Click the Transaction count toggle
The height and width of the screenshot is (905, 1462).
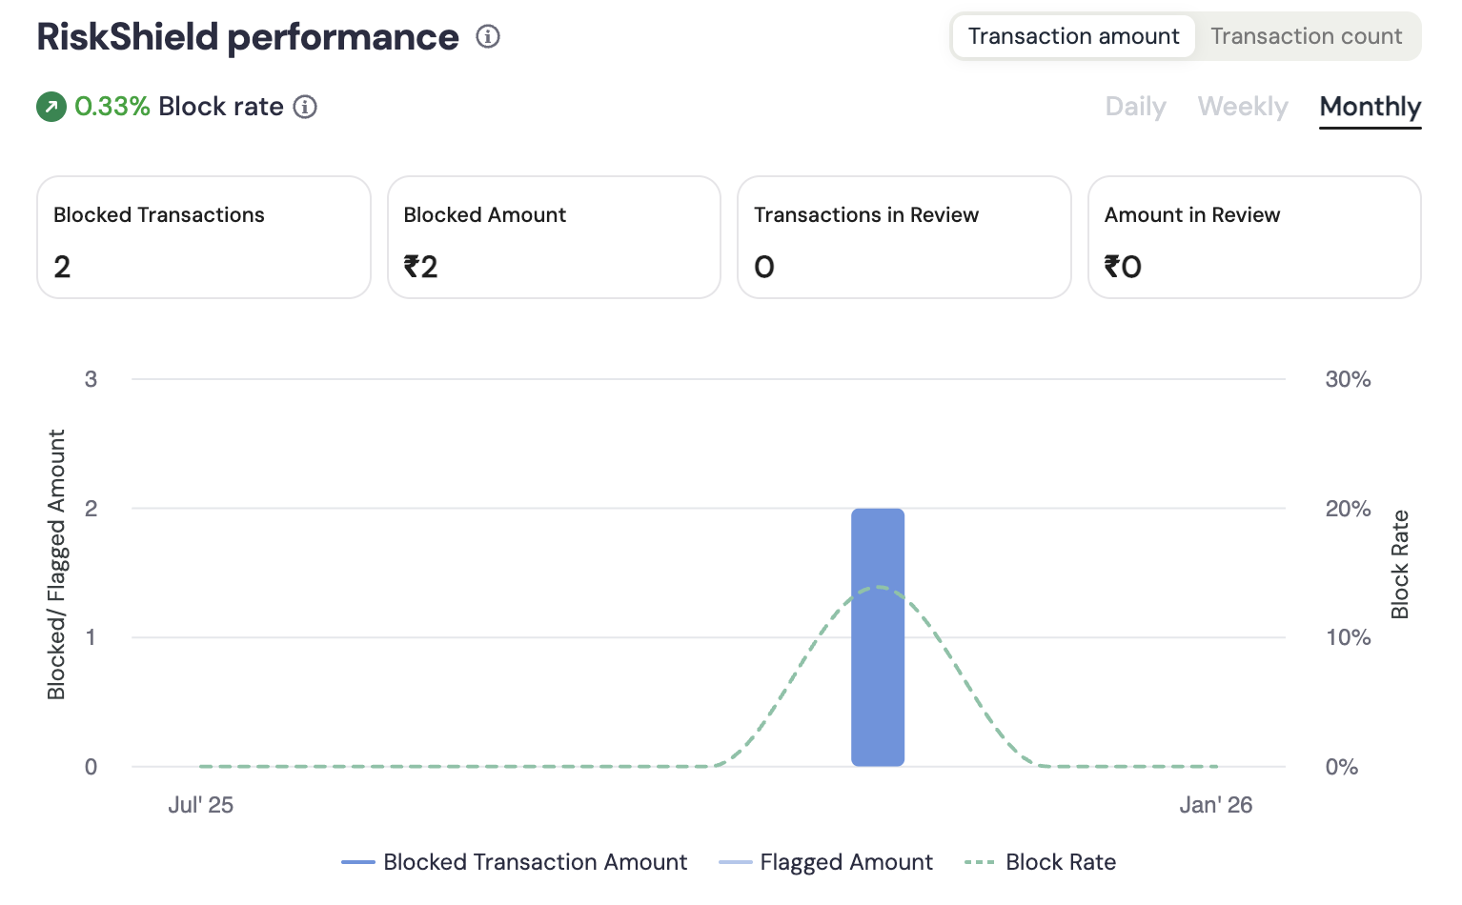tap(1306, 36)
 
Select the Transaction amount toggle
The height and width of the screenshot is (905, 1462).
tap(1073, 36)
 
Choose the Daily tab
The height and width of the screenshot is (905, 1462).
tap(1135, 107)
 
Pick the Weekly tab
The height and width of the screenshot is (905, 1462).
tap(1243, 107)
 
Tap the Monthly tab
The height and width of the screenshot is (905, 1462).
tap(1370, 107)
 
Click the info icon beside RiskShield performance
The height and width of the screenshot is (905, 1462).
tap(488, 37)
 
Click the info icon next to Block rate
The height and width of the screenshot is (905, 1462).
tap(305, 107)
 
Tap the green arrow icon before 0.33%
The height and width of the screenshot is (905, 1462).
tap(51, 107)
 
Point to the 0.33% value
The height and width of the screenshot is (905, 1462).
tap(112, 107)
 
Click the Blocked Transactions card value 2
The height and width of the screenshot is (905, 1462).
tap(62, 267)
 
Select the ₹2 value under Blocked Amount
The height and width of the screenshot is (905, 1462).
tap(420, 267)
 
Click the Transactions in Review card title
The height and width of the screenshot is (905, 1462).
tap(865, 215)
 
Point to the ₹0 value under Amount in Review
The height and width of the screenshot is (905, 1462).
tap(1123, 267)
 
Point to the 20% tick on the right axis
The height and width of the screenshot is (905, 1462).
tap(1348, 509)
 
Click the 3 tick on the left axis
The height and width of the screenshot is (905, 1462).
tap(91, 379)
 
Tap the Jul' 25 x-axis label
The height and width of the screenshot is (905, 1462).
tap(200, 805)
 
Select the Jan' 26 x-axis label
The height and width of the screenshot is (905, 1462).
tap(1215, 805)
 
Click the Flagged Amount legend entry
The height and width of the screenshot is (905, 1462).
tap(826, 862)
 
